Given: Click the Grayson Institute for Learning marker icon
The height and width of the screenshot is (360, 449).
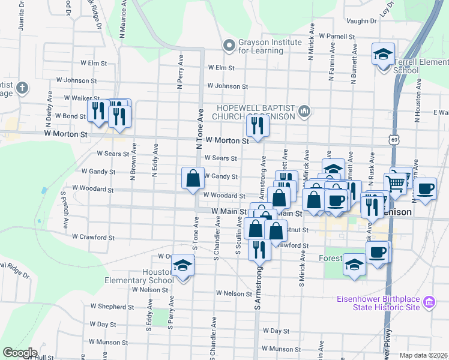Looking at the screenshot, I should [x=229, y=46].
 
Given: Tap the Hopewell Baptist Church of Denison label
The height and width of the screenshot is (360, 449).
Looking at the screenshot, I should [x=255, y=112].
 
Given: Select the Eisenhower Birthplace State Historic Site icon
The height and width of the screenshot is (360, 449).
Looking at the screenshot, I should [x=429, y=302].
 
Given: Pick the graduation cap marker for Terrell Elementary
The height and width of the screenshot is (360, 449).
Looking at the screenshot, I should [x=383, y=56].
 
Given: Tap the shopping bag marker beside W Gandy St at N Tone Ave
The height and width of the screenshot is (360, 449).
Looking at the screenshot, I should [x=193, y=178].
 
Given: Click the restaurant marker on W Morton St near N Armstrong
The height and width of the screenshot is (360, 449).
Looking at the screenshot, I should [x=258, y=126].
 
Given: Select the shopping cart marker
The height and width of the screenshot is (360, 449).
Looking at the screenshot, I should [x=396, y=183].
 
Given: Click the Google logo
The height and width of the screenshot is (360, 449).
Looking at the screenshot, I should [x=19, y=353].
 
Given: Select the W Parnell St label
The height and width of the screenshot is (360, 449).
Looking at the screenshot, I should [x=337, y=37].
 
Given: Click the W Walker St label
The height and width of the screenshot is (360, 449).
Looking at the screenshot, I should [x=77, y=98].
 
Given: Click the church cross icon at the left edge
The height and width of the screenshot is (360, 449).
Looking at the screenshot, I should [x=22, y=88].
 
